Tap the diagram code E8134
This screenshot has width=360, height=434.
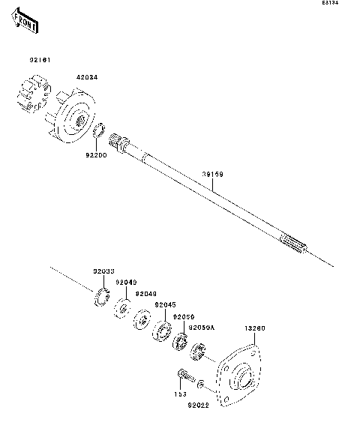331,4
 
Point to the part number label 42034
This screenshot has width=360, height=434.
86,76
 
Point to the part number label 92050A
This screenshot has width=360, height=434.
201,328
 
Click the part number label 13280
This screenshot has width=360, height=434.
254,328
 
